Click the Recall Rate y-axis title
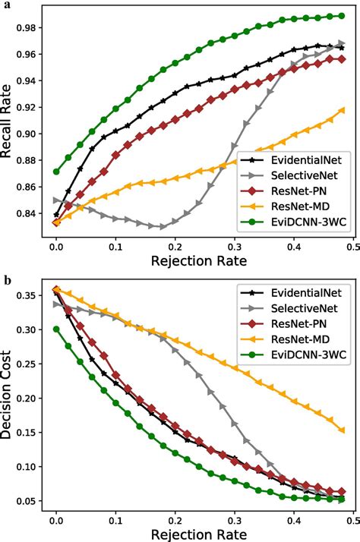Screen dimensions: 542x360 pos(9,121)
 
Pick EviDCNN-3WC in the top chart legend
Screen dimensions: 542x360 pos(304,224)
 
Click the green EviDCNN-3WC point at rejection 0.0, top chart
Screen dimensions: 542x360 pos(55,172)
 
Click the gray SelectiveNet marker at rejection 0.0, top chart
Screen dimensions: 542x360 pos(55,200)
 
